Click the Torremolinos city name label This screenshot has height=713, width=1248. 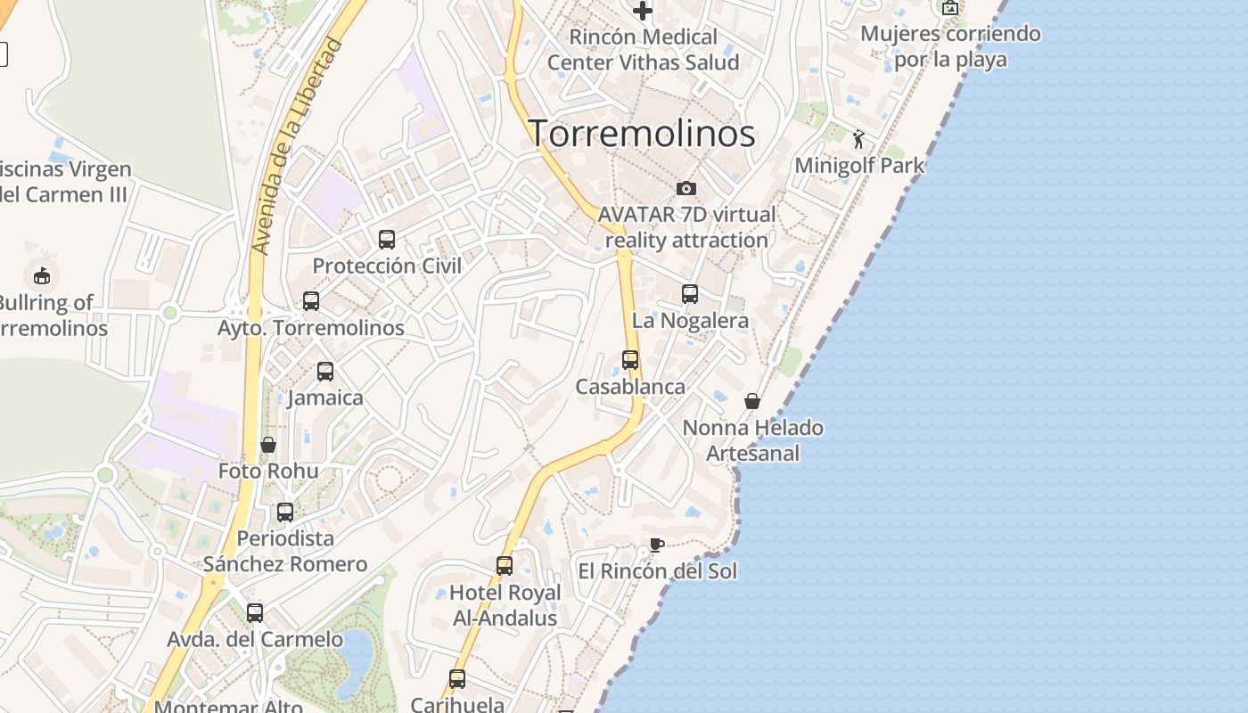click(x=643, y=134)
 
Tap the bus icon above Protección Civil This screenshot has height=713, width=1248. click(x=387, y=239)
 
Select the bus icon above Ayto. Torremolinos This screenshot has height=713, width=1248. click(x=311, y=300)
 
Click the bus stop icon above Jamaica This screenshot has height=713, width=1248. click(x=325, y=371)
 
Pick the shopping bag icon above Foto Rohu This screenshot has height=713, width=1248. click(x=268, y=444)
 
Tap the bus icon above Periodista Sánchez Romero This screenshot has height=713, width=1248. click(x=285, y=512)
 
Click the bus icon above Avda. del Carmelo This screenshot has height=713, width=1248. click(x=255, y=612)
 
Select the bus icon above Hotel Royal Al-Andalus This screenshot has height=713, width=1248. click(x=505, y=565)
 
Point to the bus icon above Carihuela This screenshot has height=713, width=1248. click(x=457, y=678)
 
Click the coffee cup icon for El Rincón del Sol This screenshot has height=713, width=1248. click(x=657, y=545)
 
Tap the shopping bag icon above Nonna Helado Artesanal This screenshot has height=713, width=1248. click(x=752, y=401)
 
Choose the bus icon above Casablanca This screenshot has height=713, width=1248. click(x=630, y=359)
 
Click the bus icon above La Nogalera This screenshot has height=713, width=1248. click(x=690, y=293)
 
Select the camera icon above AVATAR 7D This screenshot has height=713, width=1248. click(x=686, y=188)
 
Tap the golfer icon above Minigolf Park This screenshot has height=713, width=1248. click(x=858, y=139)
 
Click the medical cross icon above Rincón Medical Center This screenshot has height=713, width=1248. click(x=643, y=11)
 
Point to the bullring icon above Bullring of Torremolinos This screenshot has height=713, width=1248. click(x=42, y=275)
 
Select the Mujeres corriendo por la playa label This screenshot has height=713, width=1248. click(x=950, y=46)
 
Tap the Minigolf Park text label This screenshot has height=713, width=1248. click(x=859, y=166)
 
